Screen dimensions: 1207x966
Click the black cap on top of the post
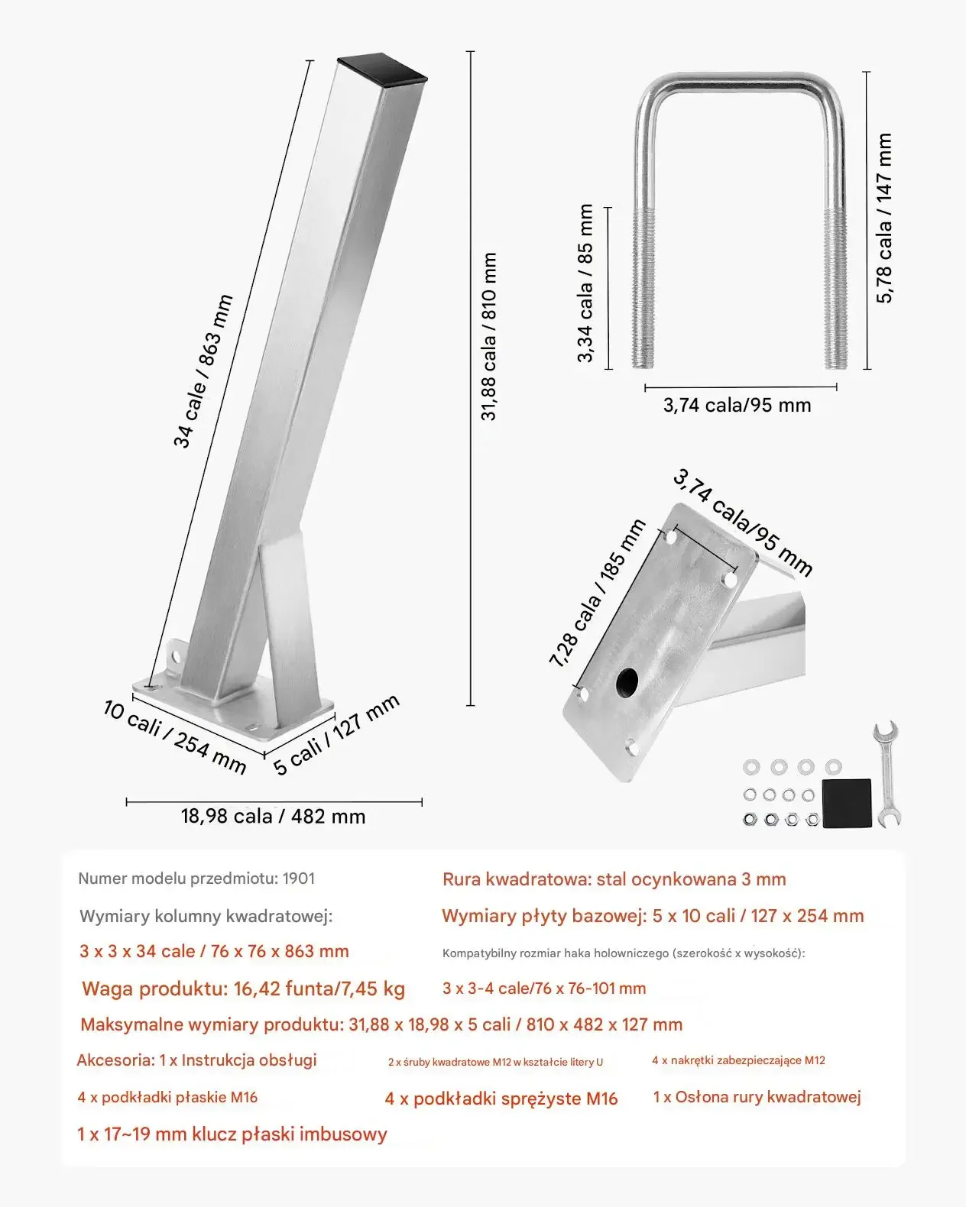tap(382, 69)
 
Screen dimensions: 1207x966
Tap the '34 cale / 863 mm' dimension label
tap(203, 371)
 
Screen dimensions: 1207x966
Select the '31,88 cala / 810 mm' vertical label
tap(489, 337)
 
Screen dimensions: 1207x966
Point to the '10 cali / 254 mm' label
tap(174, 736)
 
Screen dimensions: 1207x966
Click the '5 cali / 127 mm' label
tap(336, 734)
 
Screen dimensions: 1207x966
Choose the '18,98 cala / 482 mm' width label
tap(273, 817)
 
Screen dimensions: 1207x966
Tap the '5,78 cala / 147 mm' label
tap(884, 218)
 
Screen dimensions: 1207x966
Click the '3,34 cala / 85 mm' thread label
tap(585, 283)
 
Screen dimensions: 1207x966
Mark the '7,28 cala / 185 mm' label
tap(597, 594)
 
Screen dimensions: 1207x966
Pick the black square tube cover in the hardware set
tap(847, 803)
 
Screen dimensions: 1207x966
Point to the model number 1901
tap(299, 879)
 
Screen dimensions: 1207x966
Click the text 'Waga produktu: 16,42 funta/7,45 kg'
tap(243, 989)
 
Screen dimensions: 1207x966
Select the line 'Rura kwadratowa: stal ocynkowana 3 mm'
tap(614, 879)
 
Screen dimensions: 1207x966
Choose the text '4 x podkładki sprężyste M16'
tap(501, 1099)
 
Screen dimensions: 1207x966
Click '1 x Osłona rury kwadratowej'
tap(757, 1097)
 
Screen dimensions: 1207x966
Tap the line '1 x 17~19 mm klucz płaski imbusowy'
tap(232, 1134)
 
